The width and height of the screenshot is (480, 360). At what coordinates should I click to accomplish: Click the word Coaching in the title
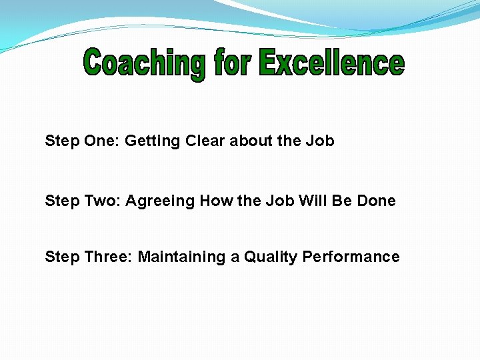[144, 64]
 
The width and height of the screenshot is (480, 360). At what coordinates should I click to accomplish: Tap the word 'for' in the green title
[233, 63]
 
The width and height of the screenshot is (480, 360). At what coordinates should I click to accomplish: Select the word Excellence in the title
[331, 63]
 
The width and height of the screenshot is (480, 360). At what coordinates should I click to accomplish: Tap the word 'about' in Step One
[250, 141]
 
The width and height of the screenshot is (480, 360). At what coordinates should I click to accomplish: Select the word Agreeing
[161, 201]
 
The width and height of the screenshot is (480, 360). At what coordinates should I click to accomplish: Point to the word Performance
[351, 257]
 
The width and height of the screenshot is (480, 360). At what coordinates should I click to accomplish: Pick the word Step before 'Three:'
[61, 257]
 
